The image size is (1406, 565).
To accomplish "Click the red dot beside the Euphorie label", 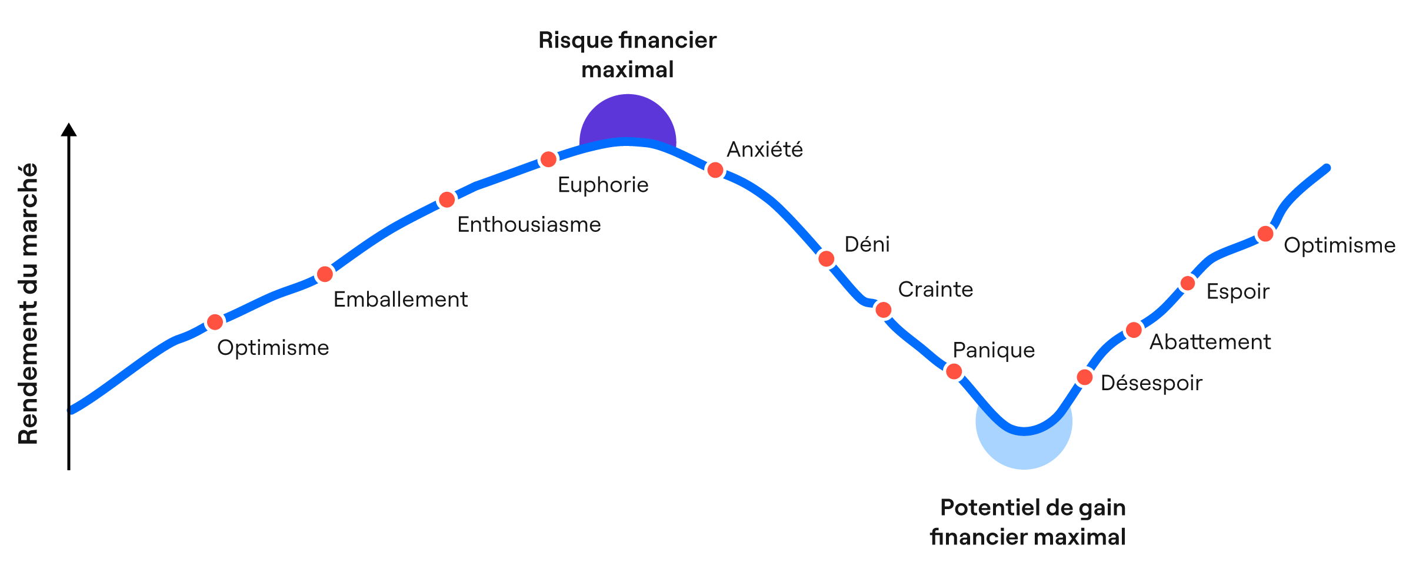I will tap(548, 159).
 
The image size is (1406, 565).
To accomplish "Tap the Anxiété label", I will tap(764, 150).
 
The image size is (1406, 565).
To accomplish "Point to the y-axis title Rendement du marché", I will tap(28, 303).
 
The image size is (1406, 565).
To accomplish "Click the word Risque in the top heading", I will tap(575, 41).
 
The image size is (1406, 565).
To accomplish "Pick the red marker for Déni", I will tap(827, 258).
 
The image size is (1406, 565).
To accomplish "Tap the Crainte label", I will tap(935, 290).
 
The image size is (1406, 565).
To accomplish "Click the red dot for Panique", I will tap(954, 371).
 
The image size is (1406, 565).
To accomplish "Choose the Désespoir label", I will tap(1151, 383).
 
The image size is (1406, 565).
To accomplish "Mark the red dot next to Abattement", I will tap(1134, 330).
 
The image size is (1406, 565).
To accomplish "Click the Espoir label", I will tap(1238, 292).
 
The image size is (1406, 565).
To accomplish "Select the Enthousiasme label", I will tap(529, 225).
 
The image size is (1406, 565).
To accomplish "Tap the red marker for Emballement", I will tap(325, 274).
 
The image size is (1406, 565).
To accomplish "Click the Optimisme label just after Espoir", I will tap(1339, 245).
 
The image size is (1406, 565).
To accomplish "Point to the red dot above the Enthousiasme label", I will tap(447, 200).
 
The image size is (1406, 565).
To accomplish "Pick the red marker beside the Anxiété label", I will tap(715, 170).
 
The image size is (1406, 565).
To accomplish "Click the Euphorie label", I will tap(603, 185).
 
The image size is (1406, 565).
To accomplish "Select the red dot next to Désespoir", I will tap(1085, 377).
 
